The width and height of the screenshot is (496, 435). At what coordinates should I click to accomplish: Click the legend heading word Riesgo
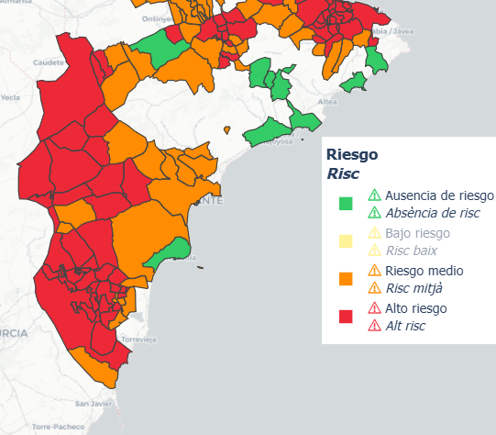click(x=352, y=154)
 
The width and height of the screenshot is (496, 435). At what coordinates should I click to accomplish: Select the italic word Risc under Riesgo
click(x=343, y=173)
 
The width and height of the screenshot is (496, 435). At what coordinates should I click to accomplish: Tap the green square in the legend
click(x=346, y=204)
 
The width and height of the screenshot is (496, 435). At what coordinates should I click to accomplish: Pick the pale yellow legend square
click(x=346, y=241)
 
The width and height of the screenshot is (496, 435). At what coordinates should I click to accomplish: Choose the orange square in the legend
click(x=346, y=279)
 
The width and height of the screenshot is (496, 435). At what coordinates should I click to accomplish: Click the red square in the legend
click(x=346, y=317)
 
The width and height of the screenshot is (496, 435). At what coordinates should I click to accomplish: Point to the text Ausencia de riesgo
click(x=439, y=195)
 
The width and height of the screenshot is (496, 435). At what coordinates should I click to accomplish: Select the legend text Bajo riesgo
click(x=418, y=233)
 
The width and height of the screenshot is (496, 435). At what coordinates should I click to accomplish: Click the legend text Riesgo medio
click(x=424, y=271)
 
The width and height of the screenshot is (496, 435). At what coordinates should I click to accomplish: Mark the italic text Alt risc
click(x=405, y=326)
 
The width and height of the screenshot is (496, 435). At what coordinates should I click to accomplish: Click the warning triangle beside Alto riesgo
click(x=374, y=308)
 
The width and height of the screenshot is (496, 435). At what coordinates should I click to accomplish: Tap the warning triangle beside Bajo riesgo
click(x=374, y=233)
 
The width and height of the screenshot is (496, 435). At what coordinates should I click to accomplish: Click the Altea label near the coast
click(x=326, y=102)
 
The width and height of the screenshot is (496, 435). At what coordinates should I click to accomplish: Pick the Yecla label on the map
click(x=9, y=96)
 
